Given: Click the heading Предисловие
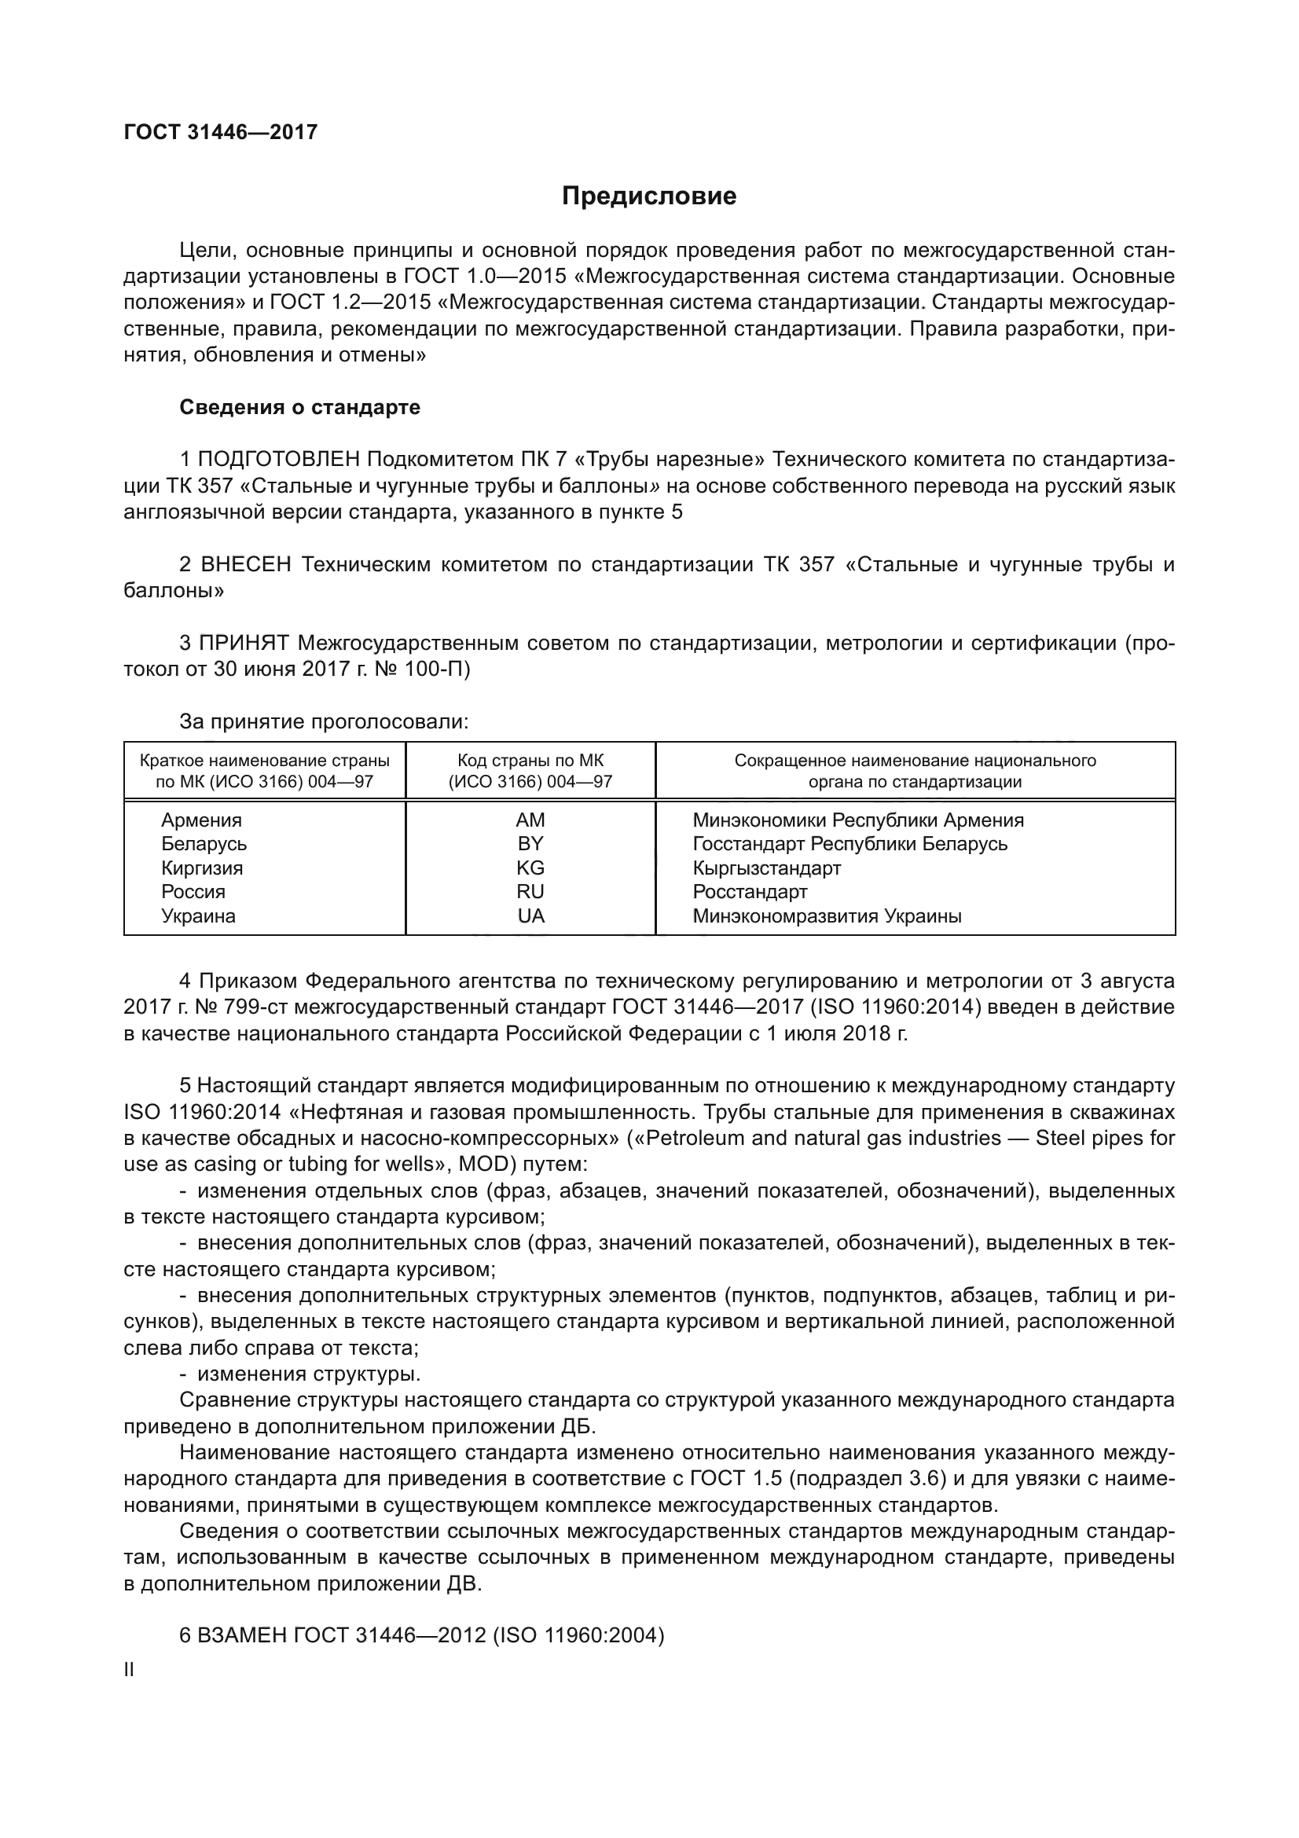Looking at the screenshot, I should point(648,196).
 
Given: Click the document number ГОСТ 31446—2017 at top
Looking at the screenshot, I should point(221,132).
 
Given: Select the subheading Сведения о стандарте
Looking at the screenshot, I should point(299,408).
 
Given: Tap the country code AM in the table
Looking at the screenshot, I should point(530,820).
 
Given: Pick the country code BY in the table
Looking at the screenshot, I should point(530,844).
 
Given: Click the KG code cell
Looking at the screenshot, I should point(530,868).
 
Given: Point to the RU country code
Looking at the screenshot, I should point(530,892).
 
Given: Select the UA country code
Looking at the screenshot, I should point(530,915).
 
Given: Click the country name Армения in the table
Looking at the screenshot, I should point(201,820).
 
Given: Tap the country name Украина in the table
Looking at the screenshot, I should point(198,915).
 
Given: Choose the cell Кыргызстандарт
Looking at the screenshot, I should point(766,868).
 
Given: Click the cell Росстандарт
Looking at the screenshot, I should point(749,892).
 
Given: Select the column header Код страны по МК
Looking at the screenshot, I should point(530,761).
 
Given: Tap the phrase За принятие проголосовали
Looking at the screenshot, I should point(323,722).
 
